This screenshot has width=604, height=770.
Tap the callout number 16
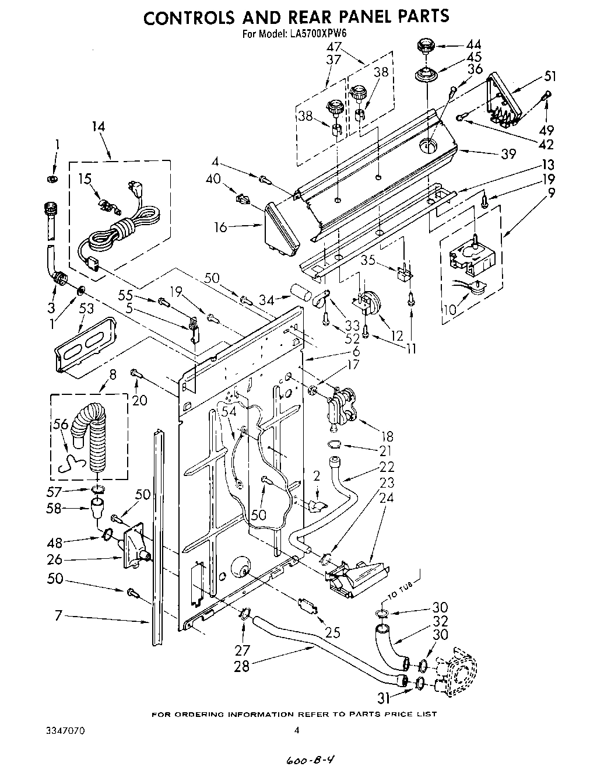[220, 227]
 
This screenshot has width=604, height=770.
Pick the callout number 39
[508, 153]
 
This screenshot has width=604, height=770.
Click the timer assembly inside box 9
[469, 256]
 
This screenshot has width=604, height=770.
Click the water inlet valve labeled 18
[340, 406]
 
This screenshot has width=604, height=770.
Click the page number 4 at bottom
[297, 730]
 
